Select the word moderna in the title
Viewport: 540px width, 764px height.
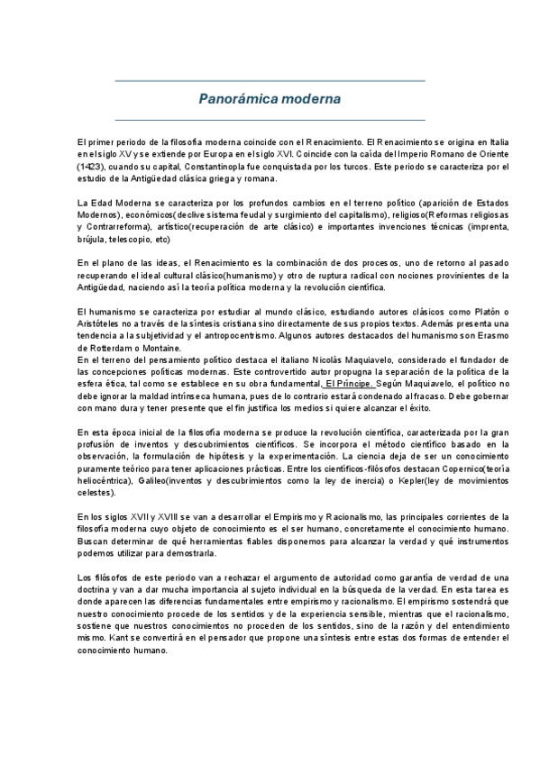pyautogui.click(x=308, y=98)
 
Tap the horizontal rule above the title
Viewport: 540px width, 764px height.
pyautogui.click(x=270, y=81)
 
